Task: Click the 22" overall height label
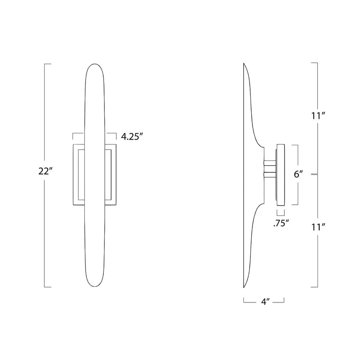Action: point(44,171)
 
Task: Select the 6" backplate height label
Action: point(298,174)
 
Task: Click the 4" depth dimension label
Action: point(265,302)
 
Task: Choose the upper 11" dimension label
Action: point(318,116)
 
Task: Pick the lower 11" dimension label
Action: point(318,227)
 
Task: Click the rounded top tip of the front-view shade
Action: point(94,64)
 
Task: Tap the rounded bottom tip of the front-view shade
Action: point(94,287)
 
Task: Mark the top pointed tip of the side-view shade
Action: point(244,63)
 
